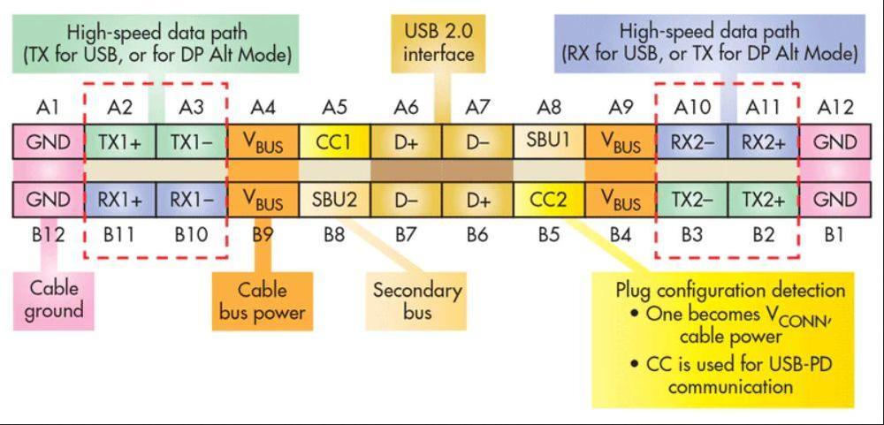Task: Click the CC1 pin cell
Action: [334, 142]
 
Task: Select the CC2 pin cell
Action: [549, 200]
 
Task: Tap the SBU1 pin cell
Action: [549, 142]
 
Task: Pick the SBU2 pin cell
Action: [334, 200]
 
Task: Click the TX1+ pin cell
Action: [120, 142]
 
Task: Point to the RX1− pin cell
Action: [191, 200]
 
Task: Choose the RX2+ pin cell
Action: [763, 142]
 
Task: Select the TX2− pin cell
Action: [691, 200]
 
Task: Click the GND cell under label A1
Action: [49, 142]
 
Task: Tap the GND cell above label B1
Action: [834, 200]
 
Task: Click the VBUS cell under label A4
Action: [263, 142]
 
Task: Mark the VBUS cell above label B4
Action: [621, 200]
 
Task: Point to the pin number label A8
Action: [549, 108]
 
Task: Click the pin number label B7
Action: [406, 236]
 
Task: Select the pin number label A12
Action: [834, 108]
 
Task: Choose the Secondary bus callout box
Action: [416, 300]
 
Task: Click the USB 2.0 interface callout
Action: [438, 42]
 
